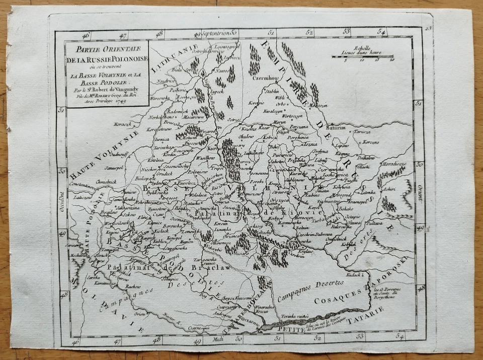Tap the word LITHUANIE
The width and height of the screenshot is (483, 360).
[x=179, y=57]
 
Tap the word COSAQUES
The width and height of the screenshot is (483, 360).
[x=334, y=301]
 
